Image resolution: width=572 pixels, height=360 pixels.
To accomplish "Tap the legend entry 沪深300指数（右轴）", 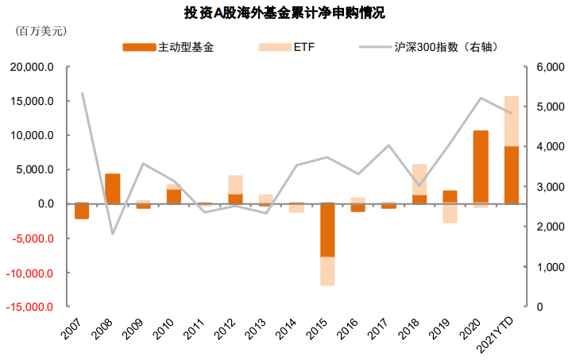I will click(446, 47).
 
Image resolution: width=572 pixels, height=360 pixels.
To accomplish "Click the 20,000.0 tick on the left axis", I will click(32, 68).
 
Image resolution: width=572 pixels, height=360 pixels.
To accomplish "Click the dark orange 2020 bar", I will click(481, 167).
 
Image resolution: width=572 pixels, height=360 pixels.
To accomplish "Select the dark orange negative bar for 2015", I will click(327, 230).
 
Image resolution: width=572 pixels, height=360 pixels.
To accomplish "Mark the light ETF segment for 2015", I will click(327, 271).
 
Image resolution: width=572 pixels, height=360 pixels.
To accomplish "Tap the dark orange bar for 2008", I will click(113, 189).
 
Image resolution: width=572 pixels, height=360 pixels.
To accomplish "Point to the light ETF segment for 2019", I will click(450, 213).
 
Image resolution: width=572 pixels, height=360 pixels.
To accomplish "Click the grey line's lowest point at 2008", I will click(113, 234).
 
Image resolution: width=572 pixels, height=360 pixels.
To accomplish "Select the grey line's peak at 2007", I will click(83, 94).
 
